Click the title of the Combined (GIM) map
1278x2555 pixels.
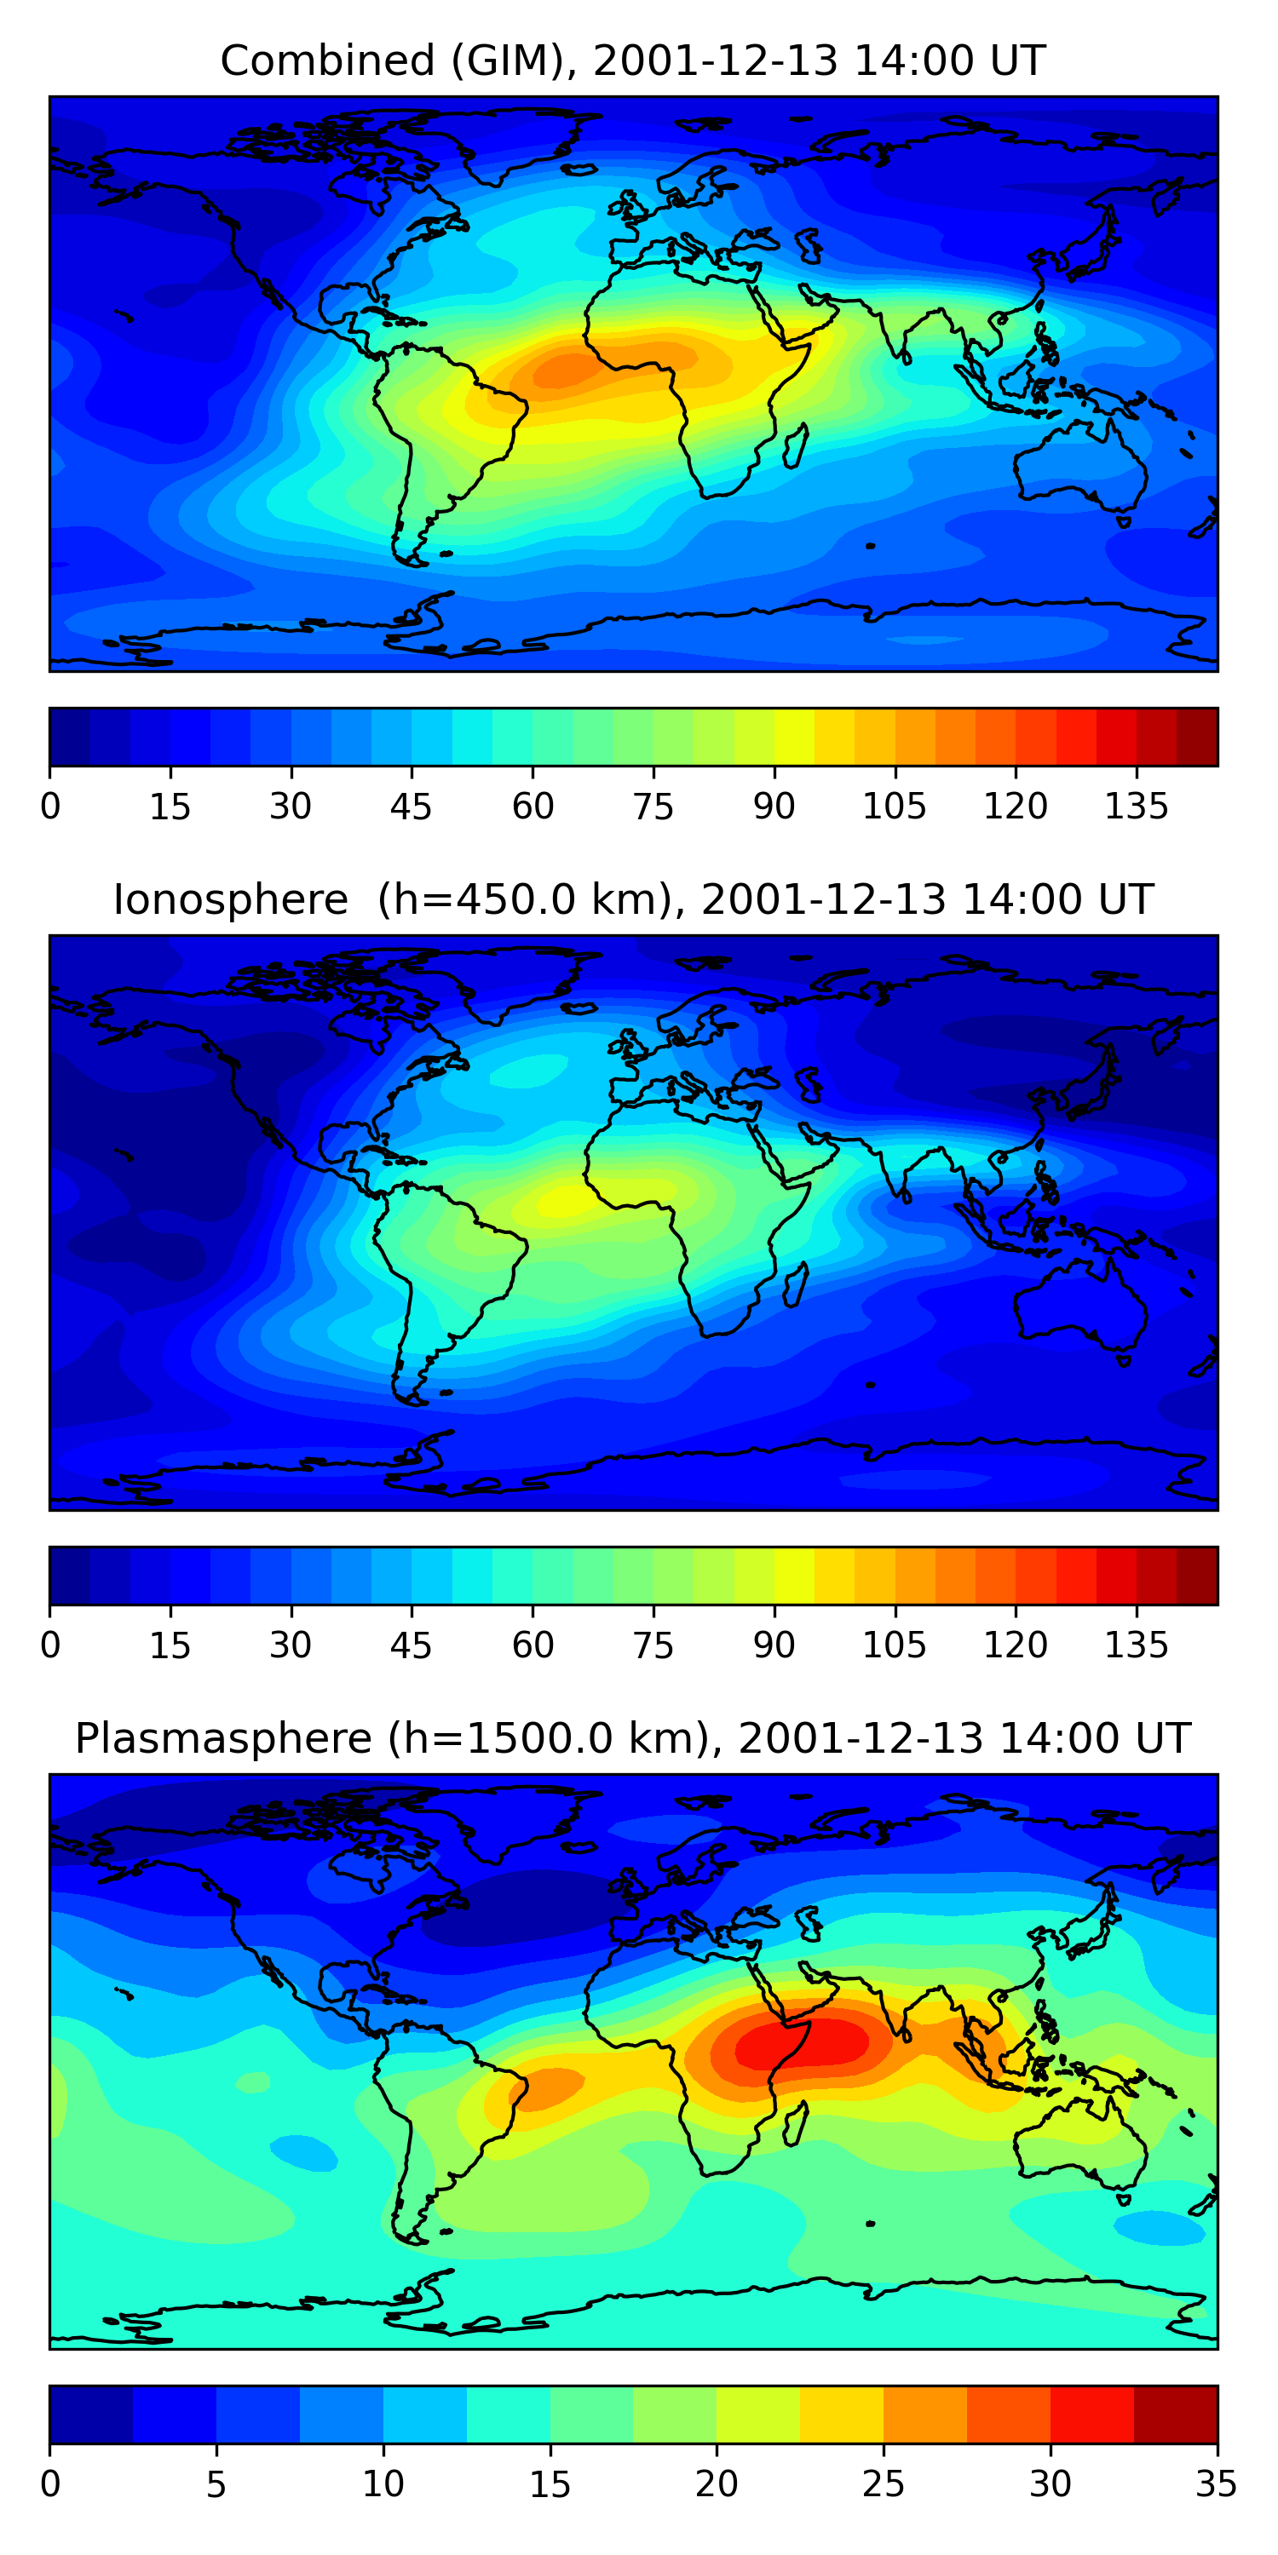click(x=632, y=61)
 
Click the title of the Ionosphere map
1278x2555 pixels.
click(x=632, y=900)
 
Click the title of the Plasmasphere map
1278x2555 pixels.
click(x=632, y=1739)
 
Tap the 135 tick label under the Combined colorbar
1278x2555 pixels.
click(x=1136, y=807)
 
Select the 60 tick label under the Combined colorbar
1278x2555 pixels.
click(x=532, y=807)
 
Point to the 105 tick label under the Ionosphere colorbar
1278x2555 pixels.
click(x=894, y=1645)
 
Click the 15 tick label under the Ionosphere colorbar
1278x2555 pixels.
click(x=170, y=1645)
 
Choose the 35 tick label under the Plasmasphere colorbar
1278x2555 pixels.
click(x=1216, y=2483)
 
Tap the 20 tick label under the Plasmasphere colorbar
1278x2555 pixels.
click(x=717, y=2483)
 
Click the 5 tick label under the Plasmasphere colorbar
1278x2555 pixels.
click(x=216, y=2483)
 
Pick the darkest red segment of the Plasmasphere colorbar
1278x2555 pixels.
click(x=1175, y=2414)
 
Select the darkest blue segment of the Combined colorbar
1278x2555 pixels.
click(x=70, y=737)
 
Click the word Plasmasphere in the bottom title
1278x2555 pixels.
click(x=223, y=1739)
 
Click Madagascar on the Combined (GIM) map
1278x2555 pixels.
click(x=795, y=445)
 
